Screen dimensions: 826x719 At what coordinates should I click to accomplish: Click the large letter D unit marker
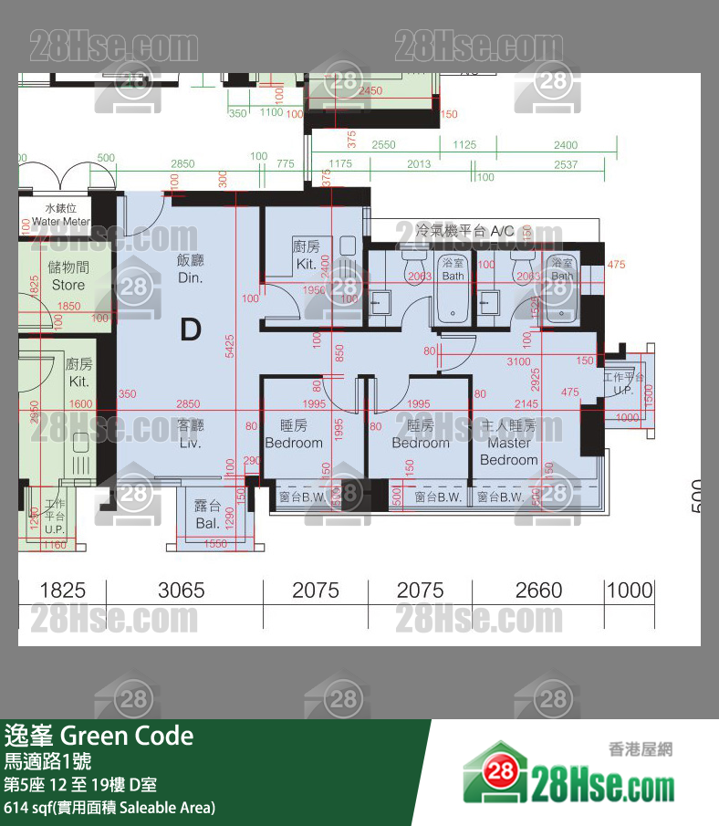click(x=190, y=329)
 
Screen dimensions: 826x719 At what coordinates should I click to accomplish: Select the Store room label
click(x=68, y=277)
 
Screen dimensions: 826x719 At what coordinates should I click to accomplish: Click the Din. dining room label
click(x=190, y=268)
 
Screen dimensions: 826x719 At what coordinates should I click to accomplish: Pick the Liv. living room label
click(x=190, y=434)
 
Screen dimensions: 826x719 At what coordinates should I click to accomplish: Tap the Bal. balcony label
click(x=207, y=515)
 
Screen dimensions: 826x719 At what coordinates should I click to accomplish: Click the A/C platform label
click(x=464, y=231)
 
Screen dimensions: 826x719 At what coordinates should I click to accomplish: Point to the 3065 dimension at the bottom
click(x=181, y=591)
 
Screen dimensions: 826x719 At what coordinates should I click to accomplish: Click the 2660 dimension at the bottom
click(x=538, y=591)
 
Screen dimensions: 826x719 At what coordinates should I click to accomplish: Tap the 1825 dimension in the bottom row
click(x=62, y=591)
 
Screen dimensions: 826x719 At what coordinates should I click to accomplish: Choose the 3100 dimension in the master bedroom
click(x=518, y=362)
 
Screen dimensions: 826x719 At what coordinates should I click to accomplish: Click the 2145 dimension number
click(x=526, y=404)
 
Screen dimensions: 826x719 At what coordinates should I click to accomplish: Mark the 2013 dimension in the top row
click(x=418, y=164)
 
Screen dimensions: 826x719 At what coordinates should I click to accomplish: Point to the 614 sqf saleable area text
click(x=109, y=807)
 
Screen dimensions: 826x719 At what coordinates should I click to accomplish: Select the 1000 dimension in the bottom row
click(x=630, y=591)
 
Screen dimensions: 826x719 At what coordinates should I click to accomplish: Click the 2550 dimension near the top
click(x=383, y=145)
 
